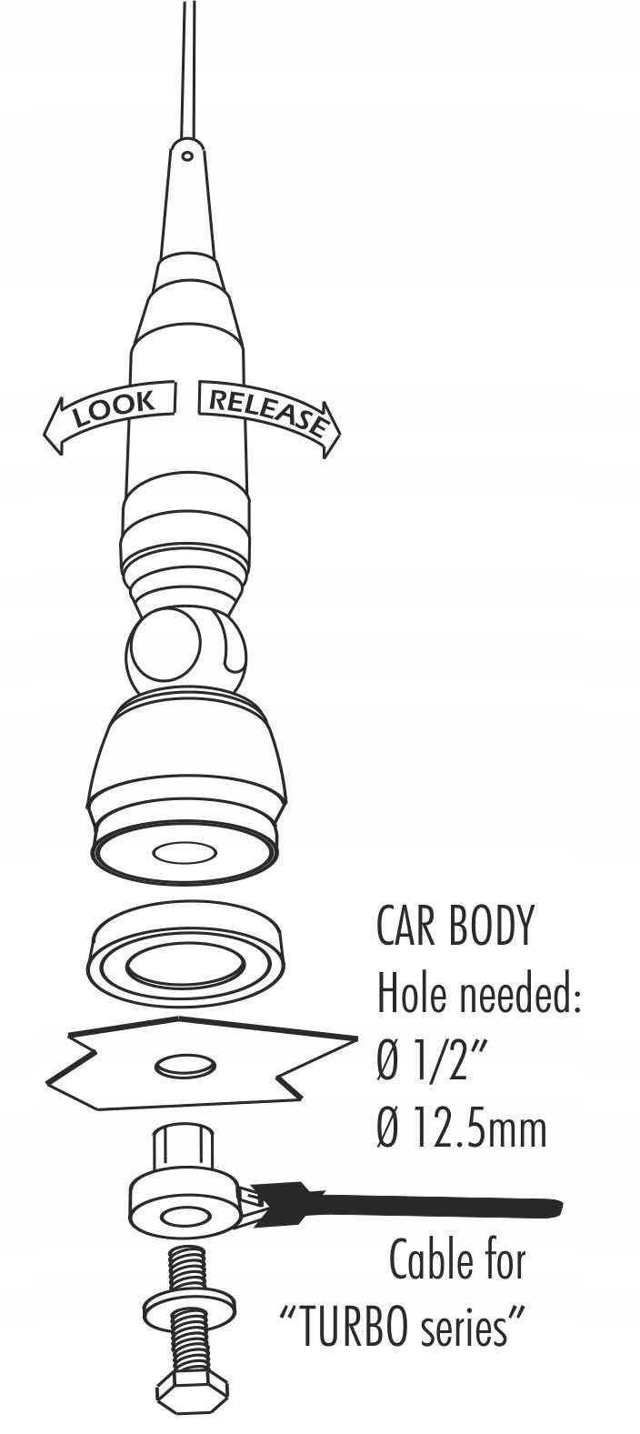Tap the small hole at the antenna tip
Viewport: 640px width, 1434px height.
(x=187, y=155)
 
